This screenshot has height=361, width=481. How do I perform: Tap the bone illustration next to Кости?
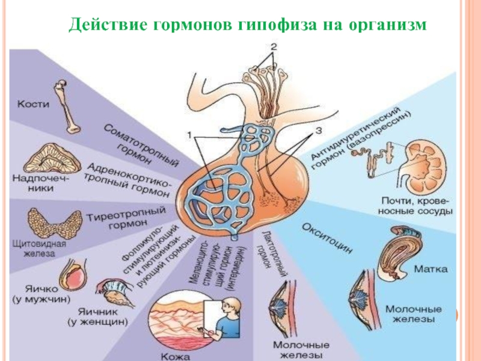pos(66,105)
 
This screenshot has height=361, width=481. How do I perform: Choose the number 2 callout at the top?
pos(273,46)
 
